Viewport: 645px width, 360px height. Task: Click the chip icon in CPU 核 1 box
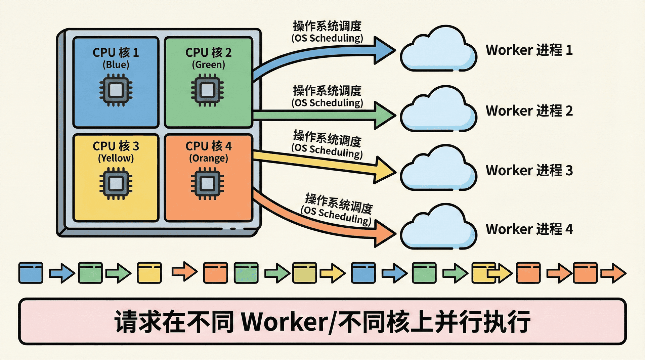point(116,90)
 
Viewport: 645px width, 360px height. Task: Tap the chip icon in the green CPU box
point(207,90)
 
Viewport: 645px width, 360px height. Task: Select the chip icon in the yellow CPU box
point(116,184)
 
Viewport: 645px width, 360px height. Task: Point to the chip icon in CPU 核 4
point(207,184)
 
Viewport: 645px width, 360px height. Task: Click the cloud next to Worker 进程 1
point(438,49)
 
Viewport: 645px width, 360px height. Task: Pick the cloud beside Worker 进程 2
point(438,110)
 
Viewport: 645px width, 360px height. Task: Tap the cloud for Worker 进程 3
point(438,170)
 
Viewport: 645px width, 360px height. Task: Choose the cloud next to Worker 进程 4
point(438,228)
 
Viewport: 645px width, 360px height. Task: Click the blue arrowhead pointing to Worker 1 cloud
point(385,51)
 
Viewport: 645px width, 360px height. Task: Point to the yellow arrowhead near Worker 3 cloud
point(385,171)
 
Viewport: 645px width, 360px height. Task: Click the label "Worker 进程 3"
point(529,170)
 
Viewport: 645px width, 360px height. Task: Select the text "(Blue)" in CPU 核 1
point(116,64)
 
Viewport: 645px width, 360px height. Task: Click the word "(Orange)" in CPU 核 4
point(208,158)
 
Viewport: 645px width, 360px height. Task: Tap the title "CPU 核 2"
point(208,52)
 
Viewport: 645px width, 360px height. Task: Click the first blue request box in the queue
point(31,273)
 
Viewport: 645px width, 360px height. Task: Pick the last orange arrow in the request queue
point(613,273)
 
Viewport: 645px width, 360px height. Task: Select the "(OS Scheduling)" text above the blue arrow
point(327,38)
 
